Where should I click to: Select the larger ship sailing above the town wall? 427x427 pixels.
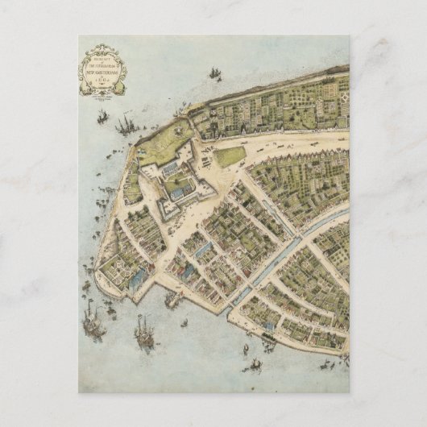coord(215,74)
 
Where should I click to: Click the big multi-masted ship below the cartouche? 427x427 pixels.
coord(125,125)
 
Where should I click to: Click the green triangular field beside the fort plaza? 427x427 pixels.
coord(230,156)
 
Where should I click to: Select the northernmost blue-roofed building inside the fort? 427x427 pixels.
coord(172,170)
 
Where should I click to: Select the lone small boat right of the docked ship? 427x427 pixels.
coord(184,323)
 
